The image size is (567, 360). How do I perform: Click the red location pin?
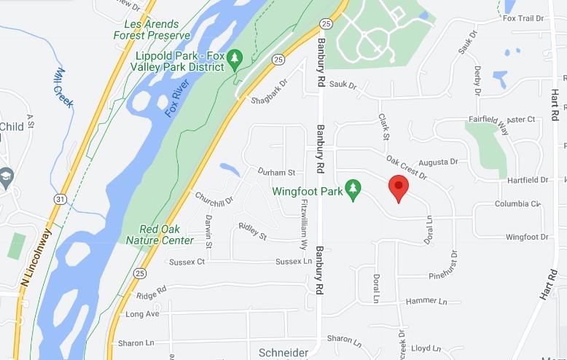(398, 187)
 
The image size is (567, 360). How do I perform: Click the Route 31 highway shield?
(60, 198)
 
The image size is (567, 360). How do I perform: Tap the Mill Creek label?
(64, 88)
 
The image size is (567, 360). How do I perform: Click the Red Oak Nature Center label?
(160, 235)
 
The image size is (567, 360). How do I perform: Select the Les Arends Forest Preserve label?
(152, 29)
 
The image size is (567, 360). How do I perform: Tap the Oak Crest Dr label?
(406, 167)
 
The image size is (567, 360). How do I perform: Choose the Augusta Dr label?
(439, 162)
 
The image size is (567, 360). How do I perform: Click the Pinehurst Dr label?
(453, 265)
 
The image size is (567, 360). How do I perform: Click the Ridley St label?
(252, 232)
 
